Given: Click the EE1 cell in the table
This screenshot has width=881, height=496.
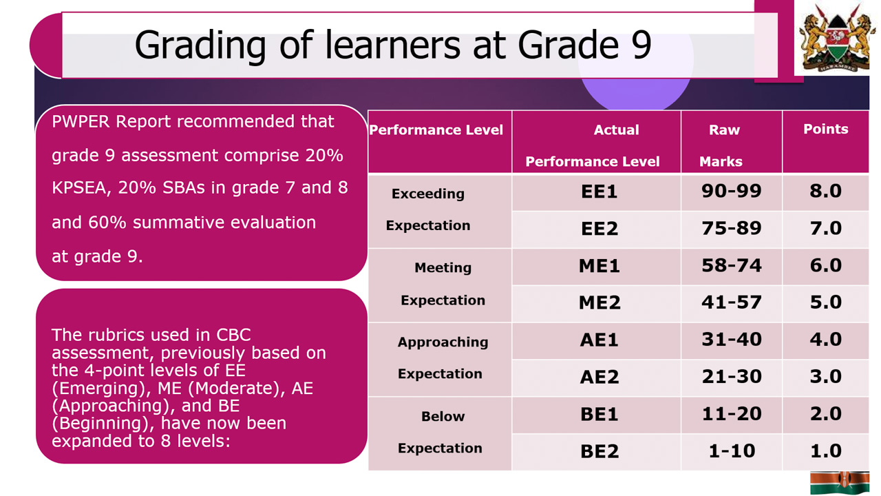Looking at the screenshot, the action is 599,192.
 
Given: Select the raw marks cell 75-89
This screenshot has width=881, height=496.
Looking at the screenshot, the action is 731,228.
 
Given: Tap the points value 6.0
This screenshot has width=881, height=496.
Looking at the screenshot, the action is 825,265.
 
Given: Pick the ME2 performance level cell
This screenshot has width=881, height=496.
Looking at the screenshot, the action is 599,302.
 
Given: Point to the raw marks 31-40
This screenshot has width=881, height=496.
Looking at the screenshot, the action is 731,340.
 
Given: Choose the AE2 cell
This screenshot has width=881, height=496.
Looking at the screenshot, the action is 599,377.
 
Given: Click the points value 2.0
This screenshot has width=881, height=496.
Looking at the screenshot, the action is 825,414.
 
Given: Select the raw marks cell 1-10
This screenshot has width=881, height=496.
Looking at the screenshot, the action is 732,451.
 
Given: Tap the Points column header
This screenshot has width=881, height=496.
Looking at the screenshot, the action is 825,129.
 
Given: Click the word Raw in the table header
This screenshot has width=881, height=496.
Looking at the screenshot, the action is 724,130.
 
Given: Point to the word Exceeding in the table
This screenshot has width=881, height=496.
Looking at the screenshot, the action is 428,194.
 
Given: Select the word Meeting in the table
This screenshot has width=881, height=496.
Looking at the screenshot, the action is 443,267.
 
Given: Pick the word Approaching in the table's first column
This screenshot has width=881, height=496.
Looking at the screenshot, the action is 443,342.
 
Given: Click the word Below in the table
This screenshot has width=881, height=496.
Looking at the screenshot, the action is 443,416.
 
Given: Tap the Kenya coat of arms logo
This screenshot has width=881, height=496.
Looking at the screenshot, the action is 836,37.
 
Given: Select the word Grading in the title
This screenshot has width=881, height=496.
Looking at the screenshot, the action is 200,46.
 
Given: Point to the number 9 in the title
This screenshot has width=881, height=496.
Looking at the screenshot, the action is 641,45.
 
